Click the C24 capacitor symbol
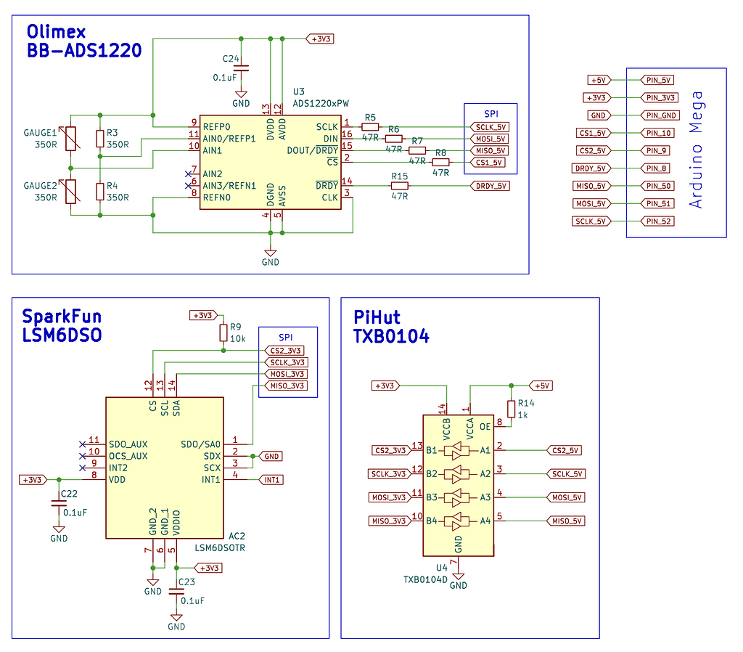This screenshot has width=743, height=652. pos(241,68)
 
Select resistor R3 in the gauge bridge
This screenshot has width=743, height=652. pos(99,139)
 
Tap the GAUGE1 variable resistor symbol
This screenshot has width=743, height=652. pos(70,139)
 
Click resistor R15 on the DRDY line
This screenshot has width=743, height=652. pos(400,186)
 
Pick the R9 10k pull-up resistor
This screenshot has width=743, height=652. pos(223,333)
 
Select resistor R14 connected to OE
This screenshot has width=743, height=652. pos(512,409)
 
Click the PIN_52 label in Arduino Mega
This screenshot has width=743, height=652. pos(659,221)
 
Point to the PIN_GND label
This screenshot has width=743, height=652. pos(660,115)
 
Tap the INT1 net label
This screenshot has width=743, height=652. pos(271,480)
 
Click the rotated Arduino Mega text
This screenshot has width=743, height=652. pos(696,150)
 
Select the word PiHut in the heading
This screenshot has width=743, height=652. pos(377,317)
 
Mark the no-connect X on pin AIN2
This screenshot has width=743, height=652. pos(187,174)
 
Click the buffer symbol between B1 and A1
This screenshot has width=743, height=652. pos(458,450)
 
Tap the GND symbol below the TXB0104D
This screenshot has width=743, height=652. pos(458,582)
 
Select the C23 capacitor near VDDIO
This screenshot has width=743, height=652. pos(176,591)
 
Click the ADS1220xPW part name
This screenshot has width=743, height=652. pos(320,103)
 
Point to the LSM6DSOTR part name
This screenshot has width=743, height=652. pos(220,548)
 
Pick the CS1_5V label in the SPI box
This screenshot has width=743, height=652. pos(490,162)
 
